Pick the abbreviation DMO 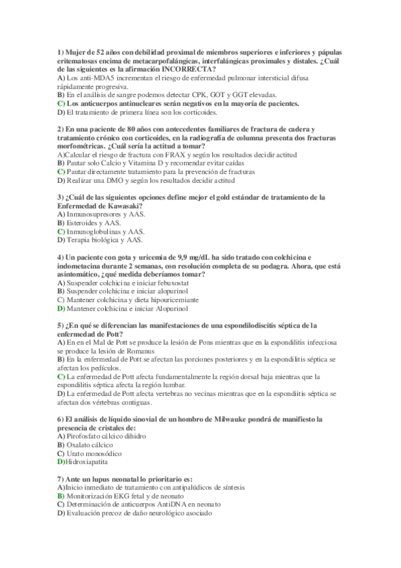pos(108,180)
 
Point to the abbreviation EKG pos(115,496)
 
